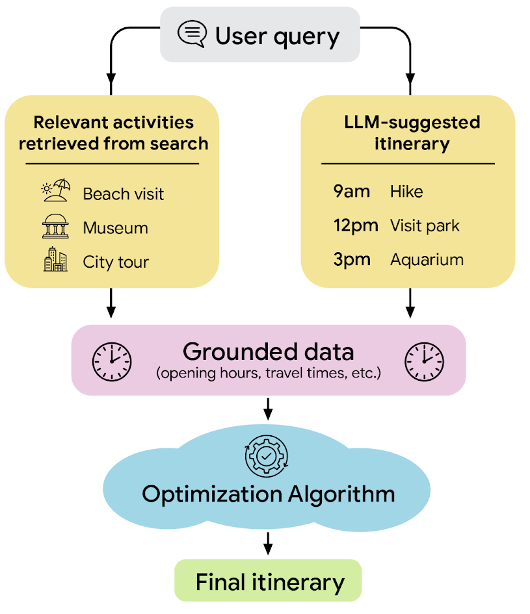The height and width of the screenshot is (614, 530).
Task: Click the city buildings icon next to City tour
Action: (55, 260)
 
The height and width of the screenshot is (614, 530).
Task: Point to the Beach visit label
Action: (124, 194)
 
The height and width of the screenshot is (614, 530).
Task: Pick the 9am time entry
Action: (352, 191)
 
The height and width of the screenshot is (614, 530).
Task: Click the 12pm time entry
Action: (355, 225)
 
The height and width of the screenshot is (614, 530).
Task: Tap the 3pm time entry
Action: (352, 260)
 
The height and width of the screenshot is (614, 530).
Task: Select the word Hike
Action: (406, 191)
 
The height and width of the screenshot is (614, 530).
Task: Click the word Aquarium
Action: (427, 260)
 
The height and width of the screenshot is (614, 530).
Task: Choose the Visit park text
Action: (425, 225)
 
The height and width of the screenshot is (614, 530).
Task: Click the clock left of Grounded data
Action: (112, 361)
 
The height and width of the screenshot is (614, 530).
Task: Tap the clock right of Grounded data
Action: (424, 361)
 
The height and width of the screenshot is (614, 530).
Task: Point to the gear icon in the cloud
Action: (266, 456)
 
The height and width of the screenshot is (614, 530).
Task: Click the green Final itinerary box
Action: (268, 580)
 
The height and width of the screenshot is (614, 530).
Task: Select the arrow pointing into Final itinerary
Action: (267, 543)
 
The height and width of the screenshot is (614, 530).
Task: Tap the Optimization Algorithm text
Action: (268, 494)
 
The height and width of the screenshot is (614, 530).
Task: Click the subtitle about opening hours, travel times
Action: (268, 374)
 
